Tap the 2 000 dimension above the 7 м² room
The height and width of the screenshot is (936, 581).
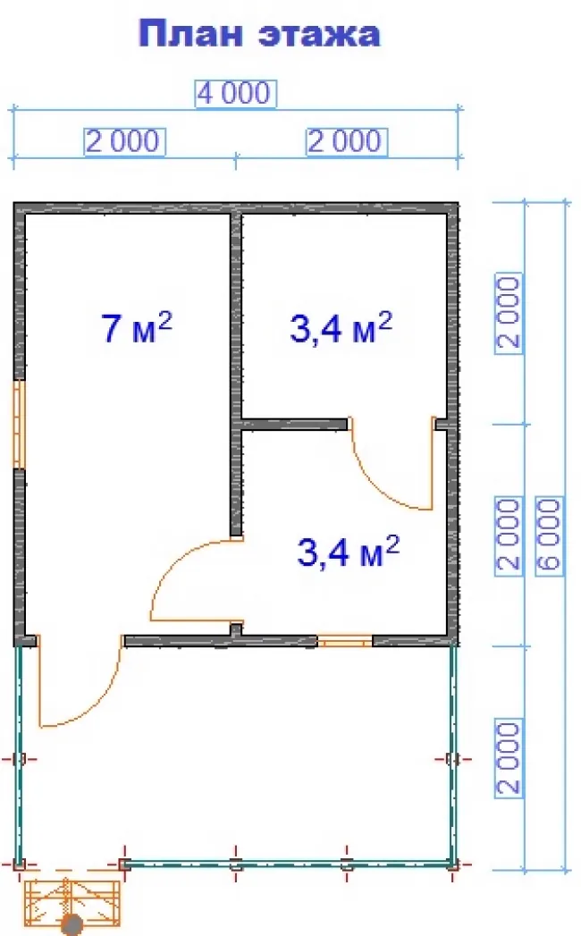123,142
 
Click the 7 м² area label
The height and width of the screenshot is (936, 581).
137,328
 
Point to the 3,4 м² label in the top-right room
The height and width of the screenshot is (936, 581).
341,327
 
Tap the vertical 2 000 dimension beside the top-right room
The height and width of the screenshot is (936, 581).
509,313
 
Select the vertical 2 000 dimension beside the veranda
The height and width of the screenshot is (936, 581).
509,757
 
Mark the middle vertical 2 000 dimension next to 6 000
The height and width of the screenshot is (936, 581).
509,535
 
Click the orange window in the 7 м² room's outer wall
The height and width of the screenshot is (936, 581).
19,425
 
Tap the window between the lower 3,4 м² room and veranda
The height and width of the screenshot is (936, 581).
344,641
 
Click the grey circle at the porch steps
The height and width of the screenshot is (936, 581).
73,925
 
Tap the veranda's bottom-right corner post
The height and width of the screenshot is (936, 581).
453,864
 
